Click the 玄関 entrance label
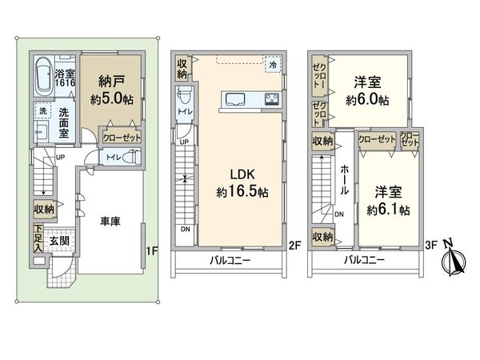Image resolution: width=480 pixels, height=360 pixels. click(x=58, y=240)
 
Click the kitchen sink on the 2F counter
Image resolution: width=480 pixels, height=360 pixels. click(x=238, y=99)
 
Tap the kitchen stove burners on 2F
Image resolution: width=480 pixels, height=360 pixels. click(x=270, y=99)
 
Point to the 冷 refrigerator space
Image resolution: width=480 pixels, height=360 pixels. click(x=273, y=64)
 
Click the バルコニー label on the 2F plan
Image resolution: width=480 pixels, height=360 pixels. click(x=230, y=261)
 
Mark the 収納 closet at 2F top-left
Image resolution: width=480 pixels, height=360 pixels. click(x=182, y=67)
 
